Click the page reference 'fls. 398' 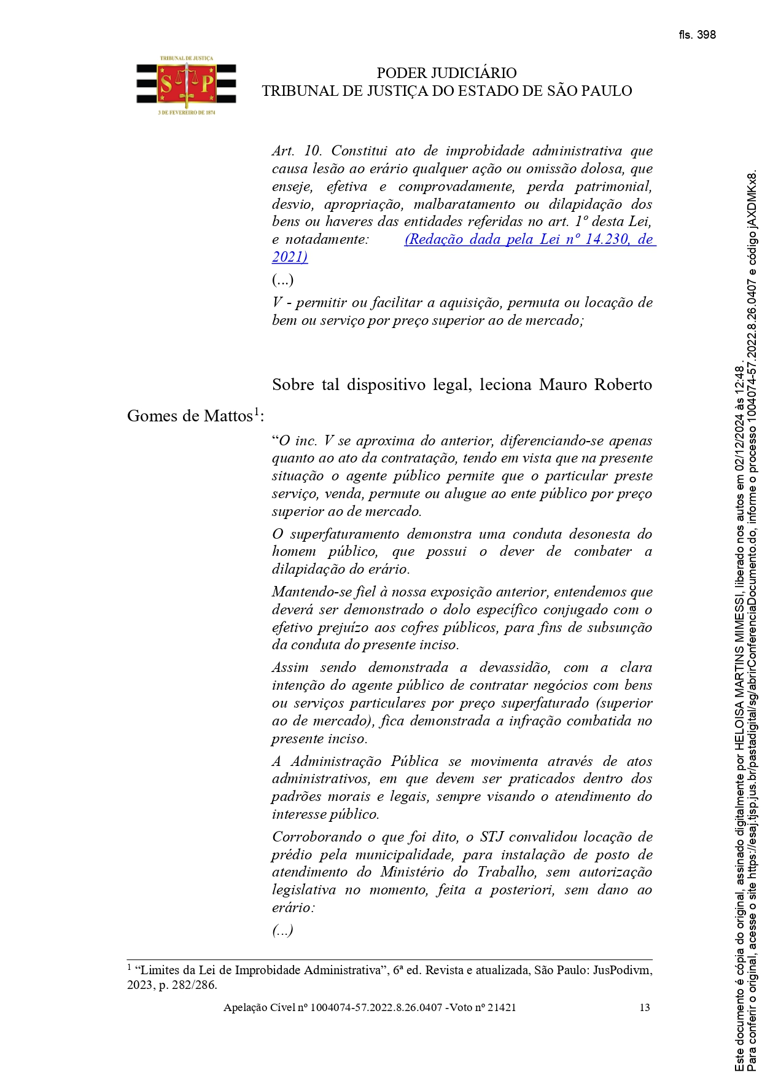pos(697,35)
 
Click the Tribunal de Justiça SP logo pos(186,85)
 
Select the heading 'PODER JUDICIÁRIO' pos(446,73)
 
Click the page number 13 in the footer pos(645,1007)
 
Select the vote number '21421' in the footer pos(502,1007)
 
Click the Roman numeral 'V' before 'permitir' pos(278,303)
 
